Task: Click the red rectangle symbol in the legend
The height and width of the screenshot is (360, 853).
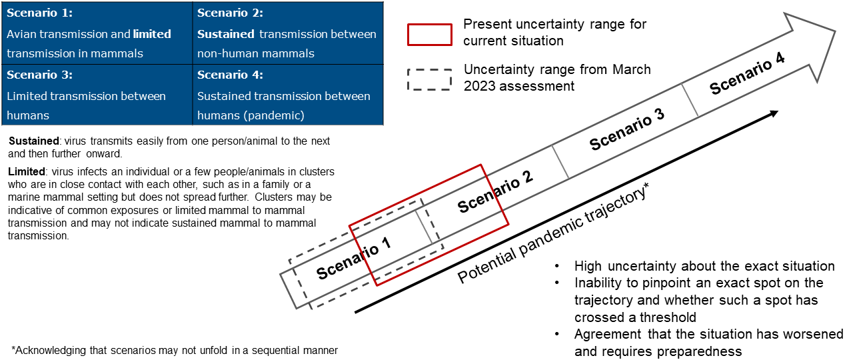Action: tap(430, 34)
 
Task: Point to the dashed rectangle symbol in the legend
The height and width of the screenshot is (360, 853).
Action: tap(430, 78)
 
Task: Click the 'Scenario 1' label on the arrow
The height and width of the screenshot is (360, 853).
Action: tap(353, 259)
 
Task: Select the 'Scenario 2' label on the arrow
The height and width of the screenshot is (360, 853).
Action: tap(495, 192)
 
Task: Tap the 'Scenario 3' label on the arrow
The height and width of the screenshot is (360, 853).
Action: tap(627, 129)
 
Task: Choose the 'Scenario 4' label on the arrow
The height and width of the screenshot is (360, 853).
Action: tap(746, 74)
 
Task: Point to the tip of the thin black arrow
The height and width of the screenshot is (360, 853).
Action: tap(777, 112)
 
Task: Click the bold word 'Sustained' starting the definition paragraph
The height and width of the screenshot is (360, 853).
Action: tap(31, 142)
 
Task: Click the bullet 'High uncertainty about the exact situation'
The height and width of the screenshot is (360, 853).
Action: tap(704, 266)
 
